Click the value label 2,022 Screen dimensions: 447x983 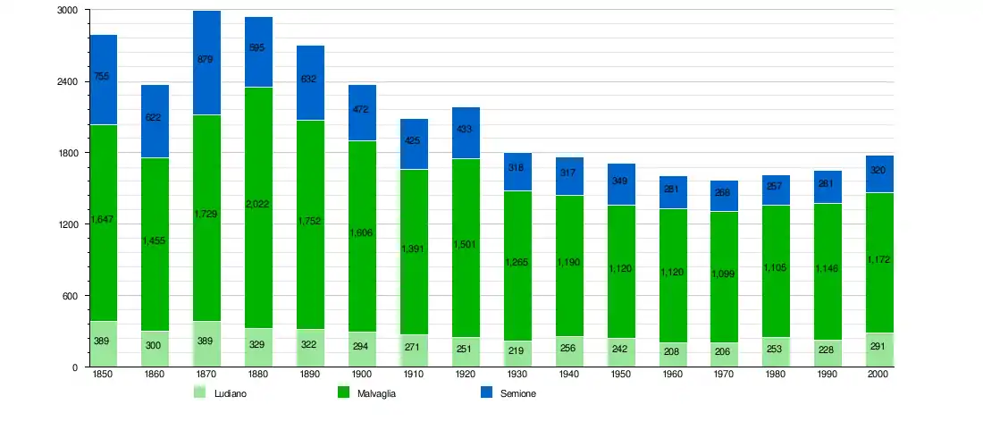[x=258, y=204]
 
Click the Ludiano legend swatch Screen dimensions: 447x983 [x=200, y=392]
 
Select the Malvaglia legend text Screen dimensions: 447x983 [x=376, y=393]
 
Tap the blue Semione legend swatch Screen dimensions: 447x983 [x=487, y=392]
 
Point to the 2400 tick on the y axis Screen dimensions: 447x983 [x=67, y=81]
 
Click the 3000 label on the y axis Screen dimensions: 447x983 [x=67, y=10]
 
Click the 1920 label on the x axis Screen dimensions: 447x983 [x=466, y=375]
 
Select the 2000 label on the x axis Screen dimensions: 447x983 [x=880, y=375]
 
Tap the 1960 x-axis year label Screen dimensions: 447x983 [x=673, y=375]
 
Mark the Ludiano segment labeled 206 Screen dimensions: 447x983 [x=725, y=355]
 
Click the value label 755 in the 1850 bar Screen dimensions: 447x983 [x=102, y=77]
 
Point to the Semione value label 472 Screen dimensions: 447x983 [x=362, y=110]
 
